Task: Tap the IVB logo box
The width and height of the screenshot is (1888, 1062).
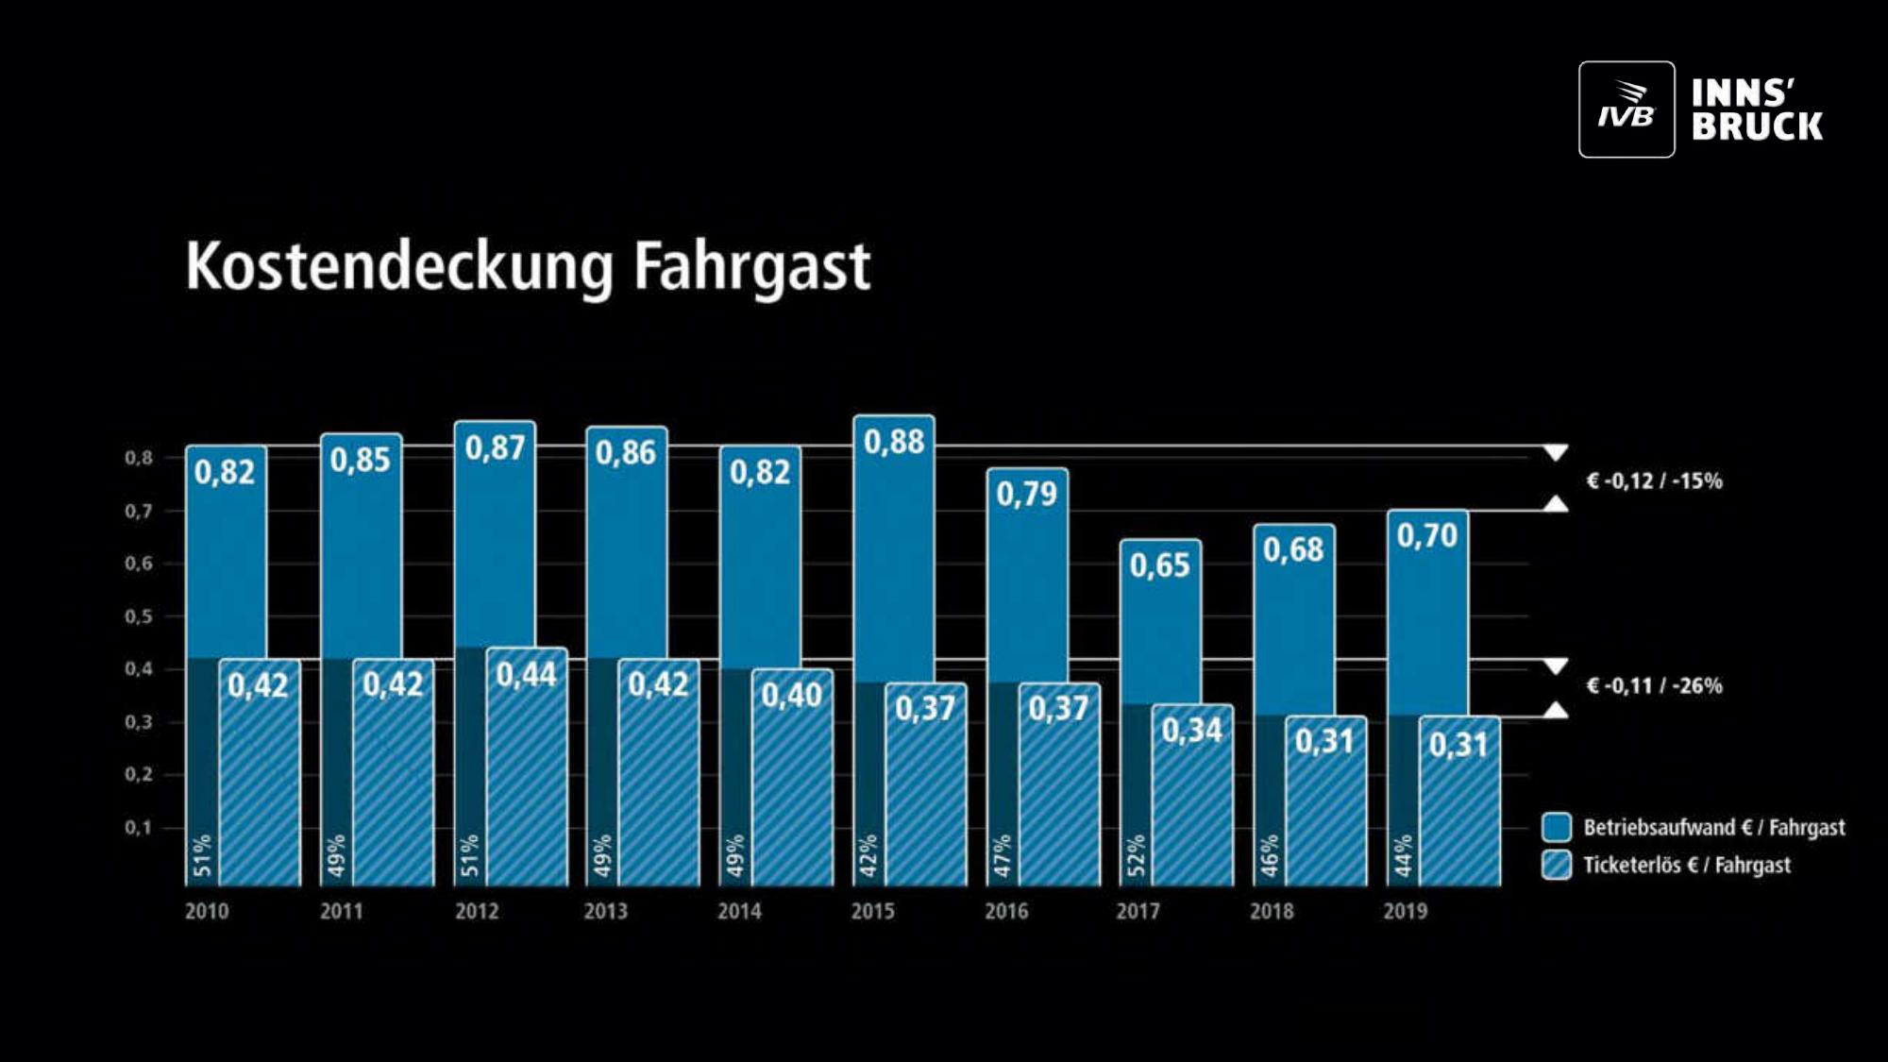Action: (x=1627, y=110)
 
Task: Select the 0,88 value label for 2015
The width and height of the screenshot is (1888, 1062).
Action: (x=894, y=442)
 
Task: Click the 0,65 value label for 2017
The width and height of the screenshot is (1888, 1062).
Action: (x=1160, y=565)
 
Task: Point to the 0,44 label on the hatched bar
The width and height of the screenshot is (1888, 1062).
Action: (x=527, y=674)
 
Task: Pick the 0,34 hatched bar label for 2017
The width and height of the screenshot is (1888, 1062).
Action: (x=1192, y=730)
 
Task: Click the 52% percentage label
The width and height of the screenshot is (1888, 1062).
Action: (x=1136, y=855)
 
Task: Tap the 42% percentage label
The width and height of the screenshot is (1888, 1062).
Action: (x=868, y=855)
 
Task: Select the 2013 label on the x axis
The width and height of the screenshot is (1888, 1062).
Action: (x=605, y=911)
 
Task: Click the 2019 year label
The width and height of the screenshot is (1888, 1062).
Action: (x=1405, y=911)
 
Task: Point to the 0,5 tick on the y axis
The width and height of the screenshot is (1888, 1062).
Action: (x=138, y=616)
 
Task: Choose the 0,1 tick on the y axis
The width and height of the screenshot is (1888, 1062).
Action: (x=138, y=828)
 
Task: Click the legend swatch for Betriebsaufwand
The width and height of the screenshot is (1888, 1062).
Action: (x=1557, y=827)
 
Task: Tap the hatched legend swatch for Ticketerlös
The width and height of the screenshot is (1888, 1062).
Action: (x=1557, y=865)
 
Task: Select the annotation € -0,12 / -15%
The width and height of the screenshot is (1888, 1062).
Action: (x=1654, y=481)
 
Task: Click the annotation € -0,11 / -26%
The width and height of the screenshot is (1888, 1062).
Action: (x=1654, y=686)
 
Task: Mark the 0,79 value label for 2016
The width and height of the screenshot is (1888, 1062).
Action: (x=1027, y=494)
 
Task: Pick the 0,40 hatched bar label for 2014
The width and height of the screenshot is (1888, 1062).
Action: (x=792, y=696)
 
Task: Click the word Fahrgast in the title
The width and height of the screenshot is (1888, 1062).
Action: (x=751, y=266)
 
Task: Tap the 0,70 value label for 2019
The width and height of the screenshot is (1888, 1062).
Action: (x=1427, y=536)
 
